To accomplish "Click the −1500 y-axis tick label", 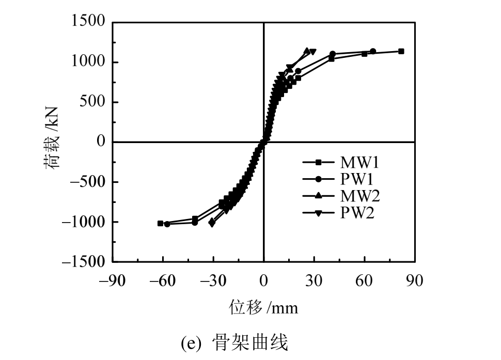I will pyautogui.click(x=84, y=262).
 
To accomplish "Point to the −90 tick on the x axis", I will pyautogui.click(x=113, y=281).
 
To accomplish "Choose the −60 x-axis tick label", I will pyautogui.click(x=163, y=281).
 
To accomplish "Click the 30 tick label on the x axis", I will pyautogui.click(x=314, y=281).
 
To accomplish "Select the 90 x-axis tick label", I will pyautogui.click(x=415, y=281).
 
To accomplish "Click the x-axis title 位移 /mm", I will pyautogui.click(x=263, y=308).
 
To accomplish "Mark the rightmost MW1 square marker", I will pyautogui.click(x=401, y=51).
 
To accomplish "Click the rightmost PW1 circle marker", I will pyautogui.click(x=373, y=51).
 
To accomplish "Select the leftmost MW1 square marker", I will pyautogui.click(x=161, y=223).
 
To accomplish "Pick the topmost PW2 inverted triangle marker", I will pyautogui.click(x=313, y=52).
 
